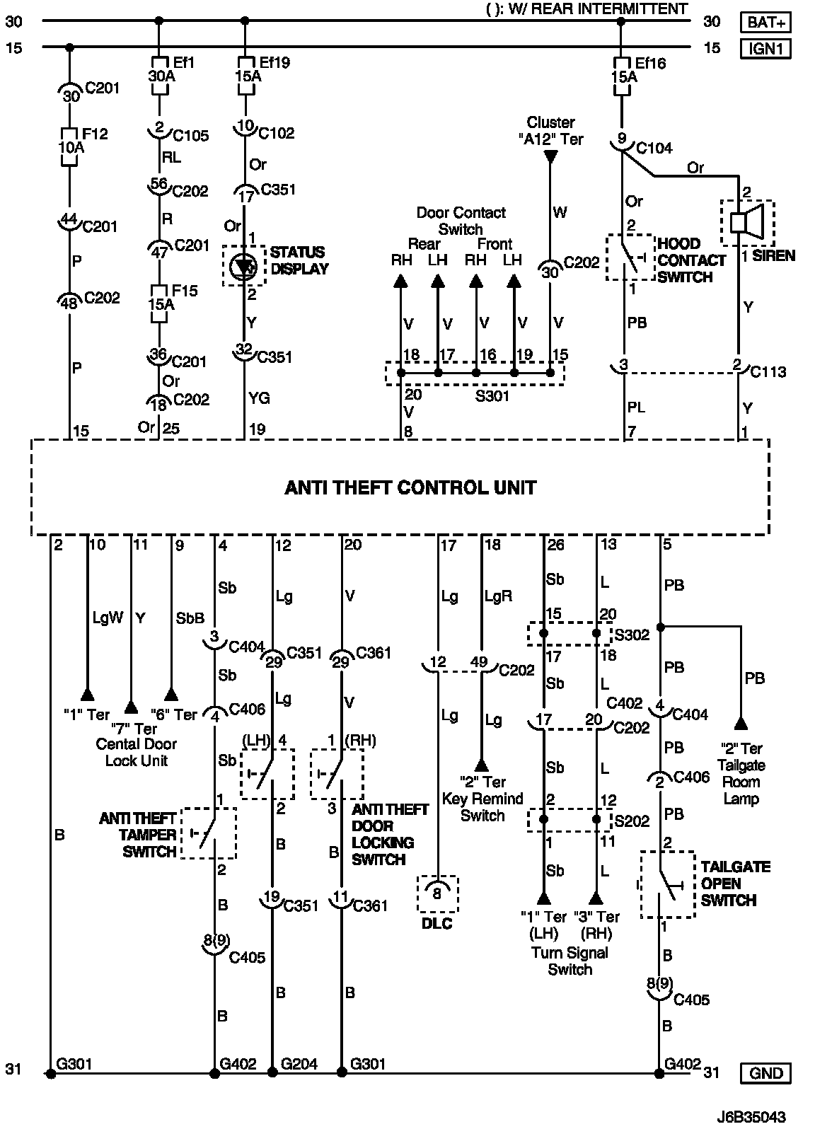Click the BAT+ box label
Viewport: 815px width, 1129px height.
point(766,23)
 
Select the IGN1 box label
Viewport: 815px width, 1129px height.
point(766,48)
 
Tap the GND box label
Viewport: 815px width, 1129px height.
point(766,1073)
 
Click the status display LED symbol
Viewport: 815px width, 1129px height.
point(245,266)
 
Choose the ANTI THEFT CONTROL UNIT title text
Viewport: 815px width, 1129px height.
point(410,487)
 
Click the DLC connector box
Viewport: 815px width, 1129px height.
point(438,894)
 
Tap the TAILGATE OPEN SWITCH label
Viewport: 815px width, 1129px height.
point(736,884)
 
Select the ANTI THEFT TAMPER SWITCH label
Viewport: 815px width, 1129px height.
point(138,835)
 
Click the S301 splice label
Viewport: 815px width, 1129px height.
point(492,396)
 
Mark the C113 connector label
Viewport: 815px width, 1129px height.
point(768,372)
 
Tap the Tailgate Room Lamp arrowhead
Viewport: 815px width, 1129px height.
point(741,722)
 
